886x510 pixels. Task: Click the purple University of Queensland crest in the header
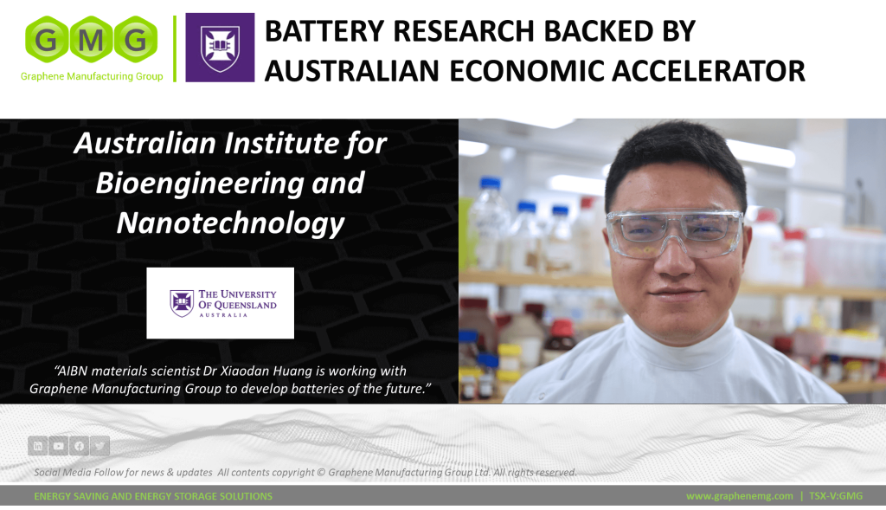pos(220,48)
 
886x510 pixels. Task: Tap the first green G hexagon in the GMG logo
pos(47,39)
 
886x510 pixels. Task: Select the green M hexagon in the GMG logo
pos(91,39)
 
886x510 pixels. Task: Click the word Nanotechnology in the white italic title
pos(230,223)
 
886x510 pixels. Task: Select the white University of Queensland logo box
pos(221,303)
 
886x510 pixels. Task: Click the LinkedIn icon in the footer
pos(38,446)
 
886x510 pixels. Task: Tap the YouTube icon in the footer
pos(58,446)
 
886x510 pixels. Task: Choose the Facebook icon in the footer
pos(79,446)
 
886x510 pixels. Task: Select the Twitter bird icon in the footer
pos(100,446)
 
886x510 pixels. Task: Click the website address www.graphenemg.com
pos(740,496)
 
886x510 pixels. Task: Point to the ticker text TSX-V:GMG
pos(836,496)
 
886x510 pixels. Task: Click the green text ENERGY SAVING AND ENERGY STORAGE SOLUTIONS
pos(153,496)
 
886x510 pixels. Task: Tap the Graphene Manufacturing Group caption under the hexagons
pos(92,76)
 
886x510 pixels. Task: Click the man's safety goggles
pos(675,231)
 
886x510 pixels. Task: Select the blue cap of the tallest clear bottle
pos(490,183)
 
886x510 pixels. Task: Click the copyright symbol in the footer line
pos(320,473)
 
